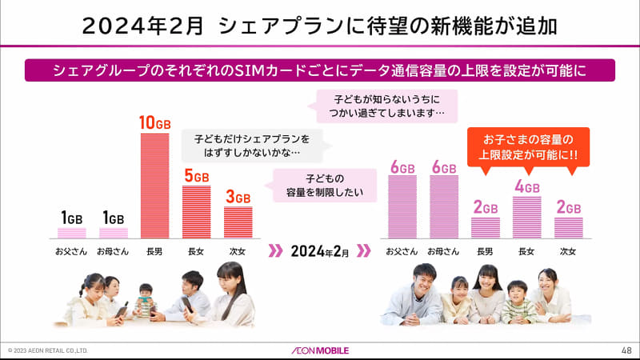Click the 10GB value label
[x=154, y=122]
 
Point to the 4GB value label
[x=527, y=187]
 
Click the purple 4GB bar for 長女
[x=527, y=218]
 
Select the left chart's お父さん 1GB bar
[x=72, y=233]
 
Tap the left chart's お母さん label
[x=113, y=251]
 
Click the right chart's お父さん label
[x=402, y=251]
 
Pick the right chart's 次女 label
[x=568, y=251]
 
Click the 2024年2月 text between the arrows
[x=320, y=251]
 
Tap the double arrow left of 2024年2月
[x=274, y=251]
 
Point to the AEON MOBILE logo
[x=320, y=350]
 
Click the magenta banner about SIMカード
[x=320, y=69]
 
